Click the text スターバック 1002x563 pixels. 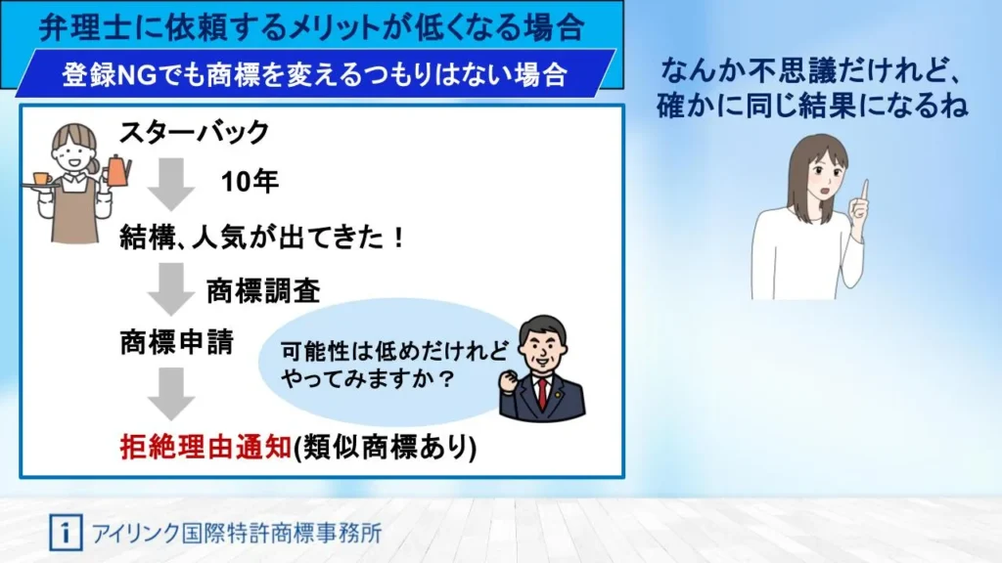click(x=195, y=132)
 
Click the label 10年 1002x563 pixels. click(x=250, y=182)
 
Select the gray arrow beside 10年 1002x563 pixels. click(x=171, y=184)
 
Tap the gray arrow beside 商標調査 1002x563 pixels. click(x=171, y=289)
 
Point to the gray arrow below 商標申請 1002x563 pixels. click(x=171, y=394)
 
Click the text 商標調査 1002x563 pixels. click(x=263, y=291)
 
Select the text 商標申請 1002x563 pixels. click(x=177, y=342)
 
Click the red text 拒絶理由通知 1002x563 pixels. click(x=205, y=446)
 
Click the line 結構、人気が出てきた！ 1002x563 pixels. click(x=262, y=238)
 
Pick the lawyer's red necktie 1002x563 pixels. click(x=543, y=392)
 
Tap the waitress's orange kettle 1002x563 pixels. click(x=117, y=171)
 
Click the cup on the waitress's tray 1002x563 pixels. click(x=42, y=179)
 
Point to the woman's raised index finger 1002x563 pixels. click(x=865, y=193)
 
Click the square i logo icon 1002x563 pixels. click(x=66, y=533)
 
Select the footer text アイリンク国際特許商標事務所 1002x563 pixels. click(x=237, y=533)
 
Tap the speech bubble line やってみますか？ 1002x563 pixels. click(x=368, y=378)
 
